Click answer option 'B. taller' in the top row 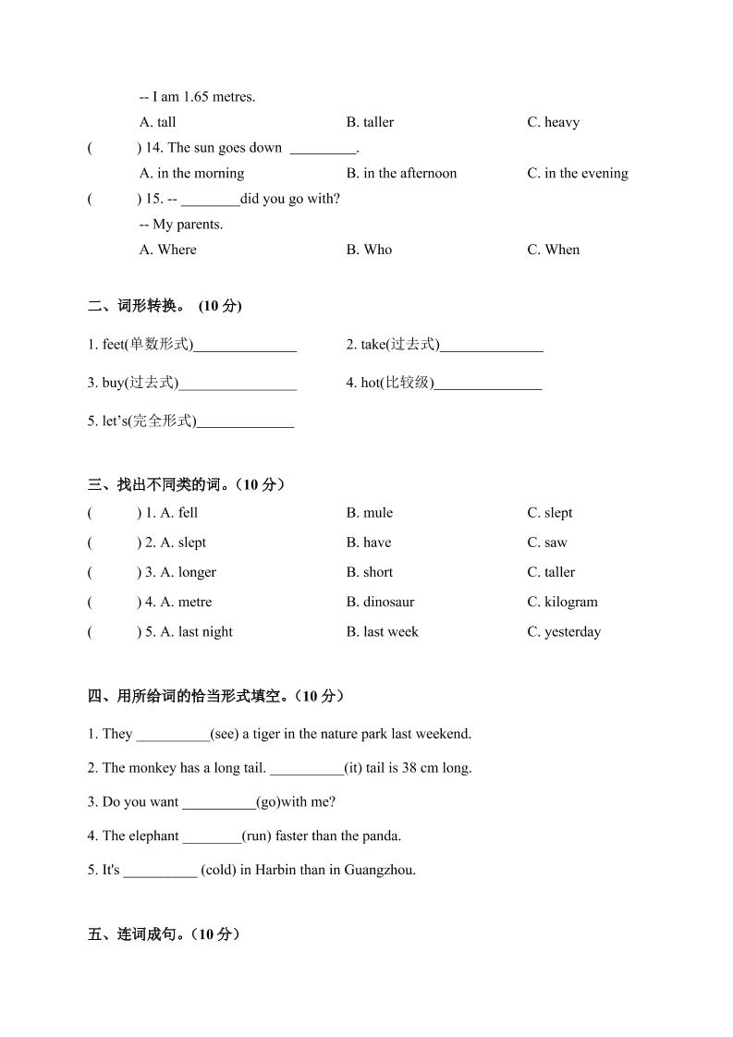370,122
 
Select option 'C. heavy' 553,122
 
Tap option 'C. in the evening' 577,173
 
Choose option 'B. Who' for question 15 369,250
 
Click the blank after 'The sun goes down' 323,148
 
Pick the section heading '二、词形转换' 139,306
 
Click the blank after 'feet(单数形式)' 245,346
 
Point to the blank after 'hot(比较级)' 487,384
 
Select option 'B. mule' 369,513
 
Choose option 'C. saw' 547,543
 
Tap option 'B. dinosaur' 380,602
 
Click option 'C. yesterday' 564,632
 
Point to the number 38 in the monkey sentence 410,768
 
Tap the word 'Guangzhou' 379,870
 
